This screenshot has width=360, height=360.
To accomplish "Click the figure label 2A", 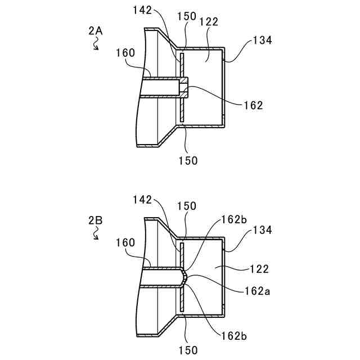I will [96, 32].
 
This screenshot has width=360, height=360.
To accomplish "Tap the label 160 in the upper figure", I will [125, 53].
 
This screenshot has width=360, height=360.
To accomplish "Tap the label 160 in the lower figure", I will [125, 242].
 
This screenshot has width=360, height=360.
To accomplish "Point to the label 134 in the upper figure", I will [263, 40].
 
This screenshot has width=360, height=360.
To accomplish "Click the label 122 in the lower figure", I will [260, 269].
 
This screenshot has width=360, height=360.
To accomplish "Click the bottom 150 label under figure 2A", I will [188, 161].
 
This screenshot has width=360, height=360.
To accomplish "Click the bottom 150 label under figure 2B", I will [188, 350].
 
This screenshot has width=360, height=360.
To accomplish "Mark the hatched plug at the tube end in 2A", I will [183, 87].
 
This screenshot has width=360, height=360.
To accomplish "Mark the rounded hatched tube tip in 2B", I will [184, 276].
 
